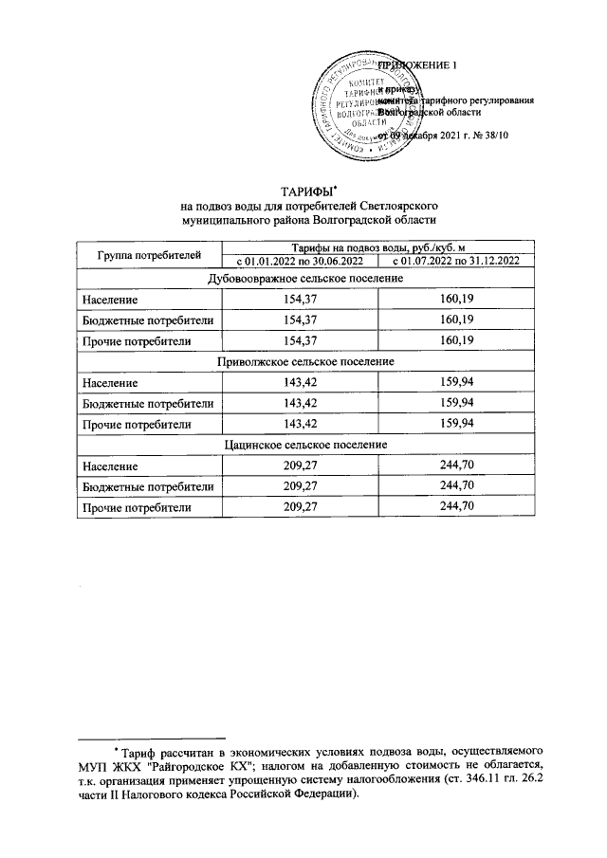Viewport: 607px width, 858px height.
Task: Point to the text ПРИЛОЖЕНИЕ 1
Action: click(417, 64)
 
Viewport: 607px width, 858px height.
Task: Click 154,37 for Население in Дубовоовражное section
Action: click(299, 299)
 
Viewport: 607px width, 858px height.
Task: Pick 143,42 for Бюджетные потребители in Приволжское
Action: click(299, 403)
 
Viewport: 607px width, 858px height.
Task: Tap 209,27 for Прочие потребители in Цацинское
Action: click(299, 507)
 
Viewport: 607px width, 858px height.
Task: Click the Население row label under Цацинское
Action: click(110, 466)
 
